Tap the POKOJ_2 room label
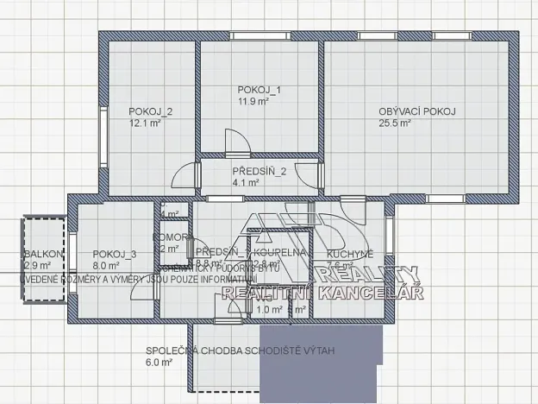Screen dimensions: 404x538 coord(151,111)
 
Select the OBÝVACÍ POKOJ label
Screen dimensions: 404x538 coord(416,111)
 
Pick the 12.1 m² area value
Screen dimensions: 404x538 coord(142,123)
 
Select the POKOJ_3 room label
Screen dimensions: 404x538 coord(115,254)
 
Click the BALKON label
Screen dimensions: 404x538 coord(43,254)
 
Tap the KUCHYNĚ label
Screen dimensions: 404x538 coord(350,254)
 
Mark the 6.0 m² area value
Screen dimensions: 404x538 coord(160,363)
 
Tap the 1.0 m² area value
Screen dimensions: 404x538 coord(271,309)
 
